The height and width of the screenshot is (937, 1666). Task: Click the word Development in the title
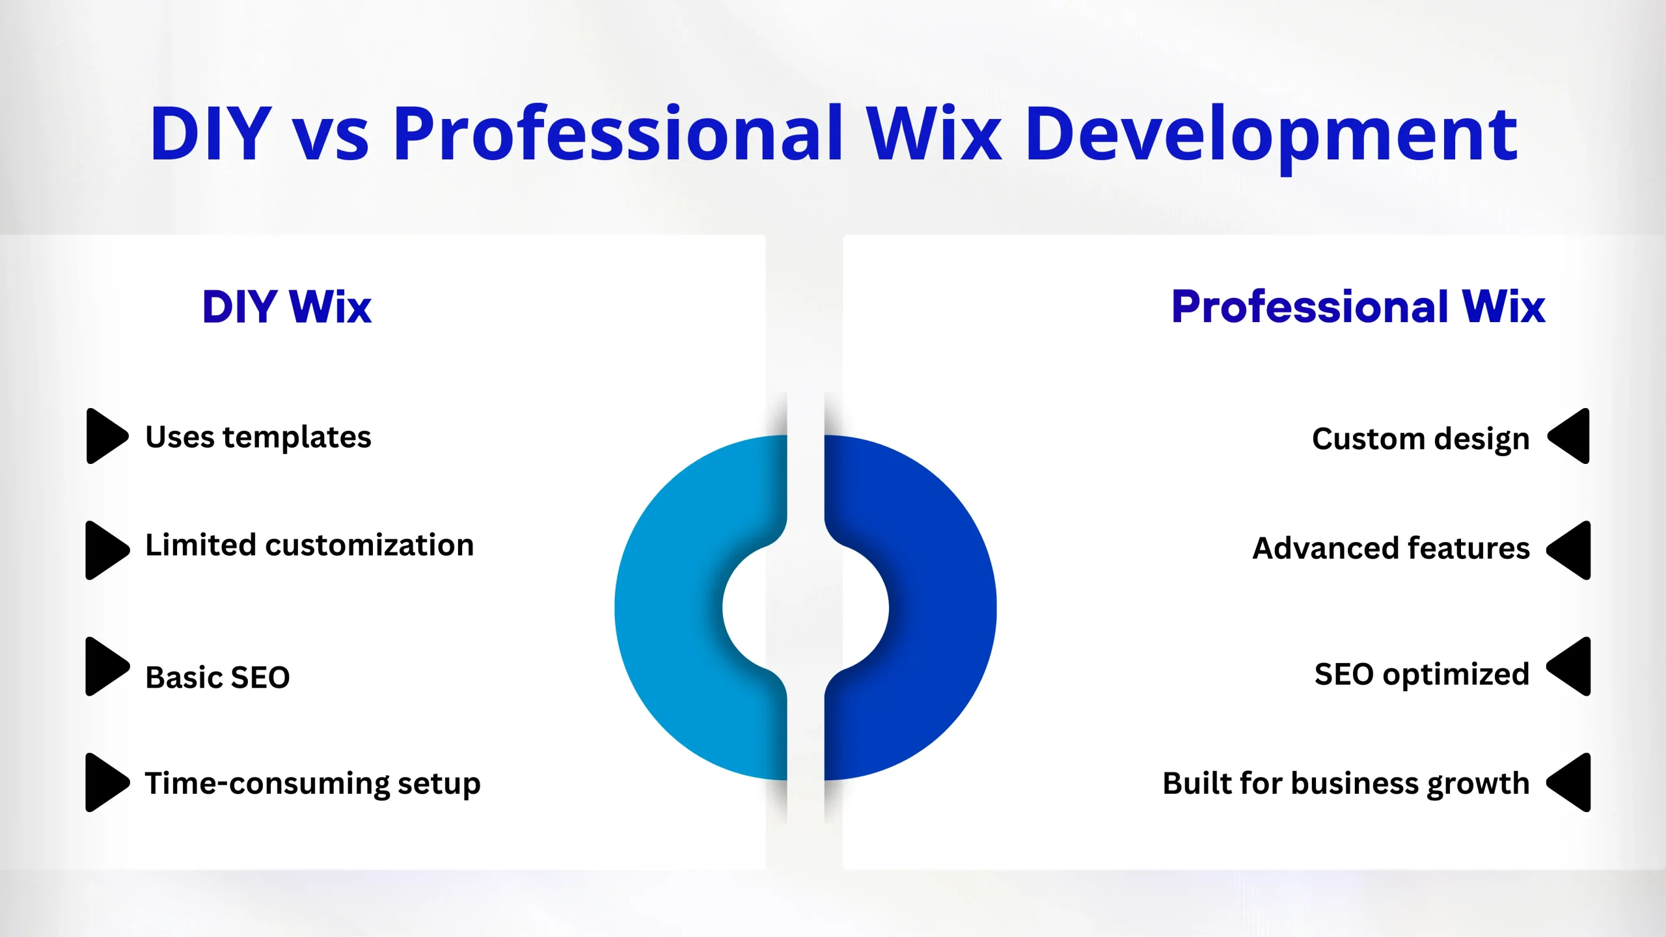(x=1271, y=137)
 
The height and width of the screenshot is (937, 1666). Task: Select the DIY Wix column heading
(x=287, y=306)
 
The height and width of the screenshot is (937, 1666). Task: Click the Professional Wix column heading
(x=1358, y=306)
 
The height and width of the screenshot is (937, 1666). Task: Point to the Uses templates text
(x=258, y=437)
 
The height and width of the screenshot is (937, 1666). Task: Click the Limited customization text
(x=310, y=545)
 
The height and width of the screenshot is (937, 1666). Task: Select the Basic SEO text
(x=217, y=677)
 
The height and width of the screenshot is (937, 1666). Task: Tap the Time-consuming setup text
(x=313, y=784)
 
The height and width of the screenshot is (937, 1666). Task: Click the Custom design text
(x=1421, y=440)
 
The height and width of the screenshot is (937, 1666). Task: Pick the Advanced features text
(x=1391, y=548)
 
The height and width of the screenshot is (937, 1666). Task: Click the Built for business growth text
(x=1346, y=784)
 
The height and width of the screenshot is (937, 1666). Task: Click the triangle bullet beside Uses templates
(x=105, y=436)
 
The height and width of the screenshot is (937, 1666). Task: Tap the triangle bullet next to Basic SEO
(x=105, y=666)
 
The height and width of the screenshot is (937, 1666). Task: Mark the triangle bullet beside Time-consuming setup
(x=105, y=782)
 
